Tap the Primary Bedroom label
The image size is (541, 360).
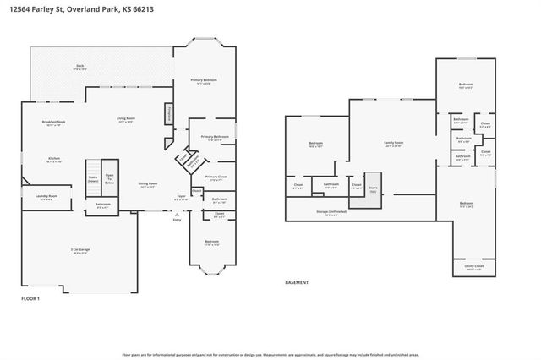[204, 81]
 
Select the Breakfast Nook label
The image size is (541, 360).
[55, 123]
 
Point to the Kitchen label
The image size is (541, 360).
[53, 158]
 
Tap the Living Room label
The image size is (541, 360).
[126, 120]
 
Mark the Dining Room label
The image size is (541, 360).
[148, 184]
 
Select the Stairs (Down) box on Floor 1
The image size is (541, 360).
[93, 177]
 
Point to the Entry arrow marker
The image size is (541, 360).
[177, 216]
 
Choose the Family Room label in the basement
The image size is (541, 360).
[393, 144]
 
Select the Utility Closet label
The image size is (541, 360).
[474, 267]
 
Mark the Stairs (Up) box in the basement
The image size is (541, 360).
[373, 190]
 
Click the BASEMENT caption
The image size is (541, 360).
[297, 282]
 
